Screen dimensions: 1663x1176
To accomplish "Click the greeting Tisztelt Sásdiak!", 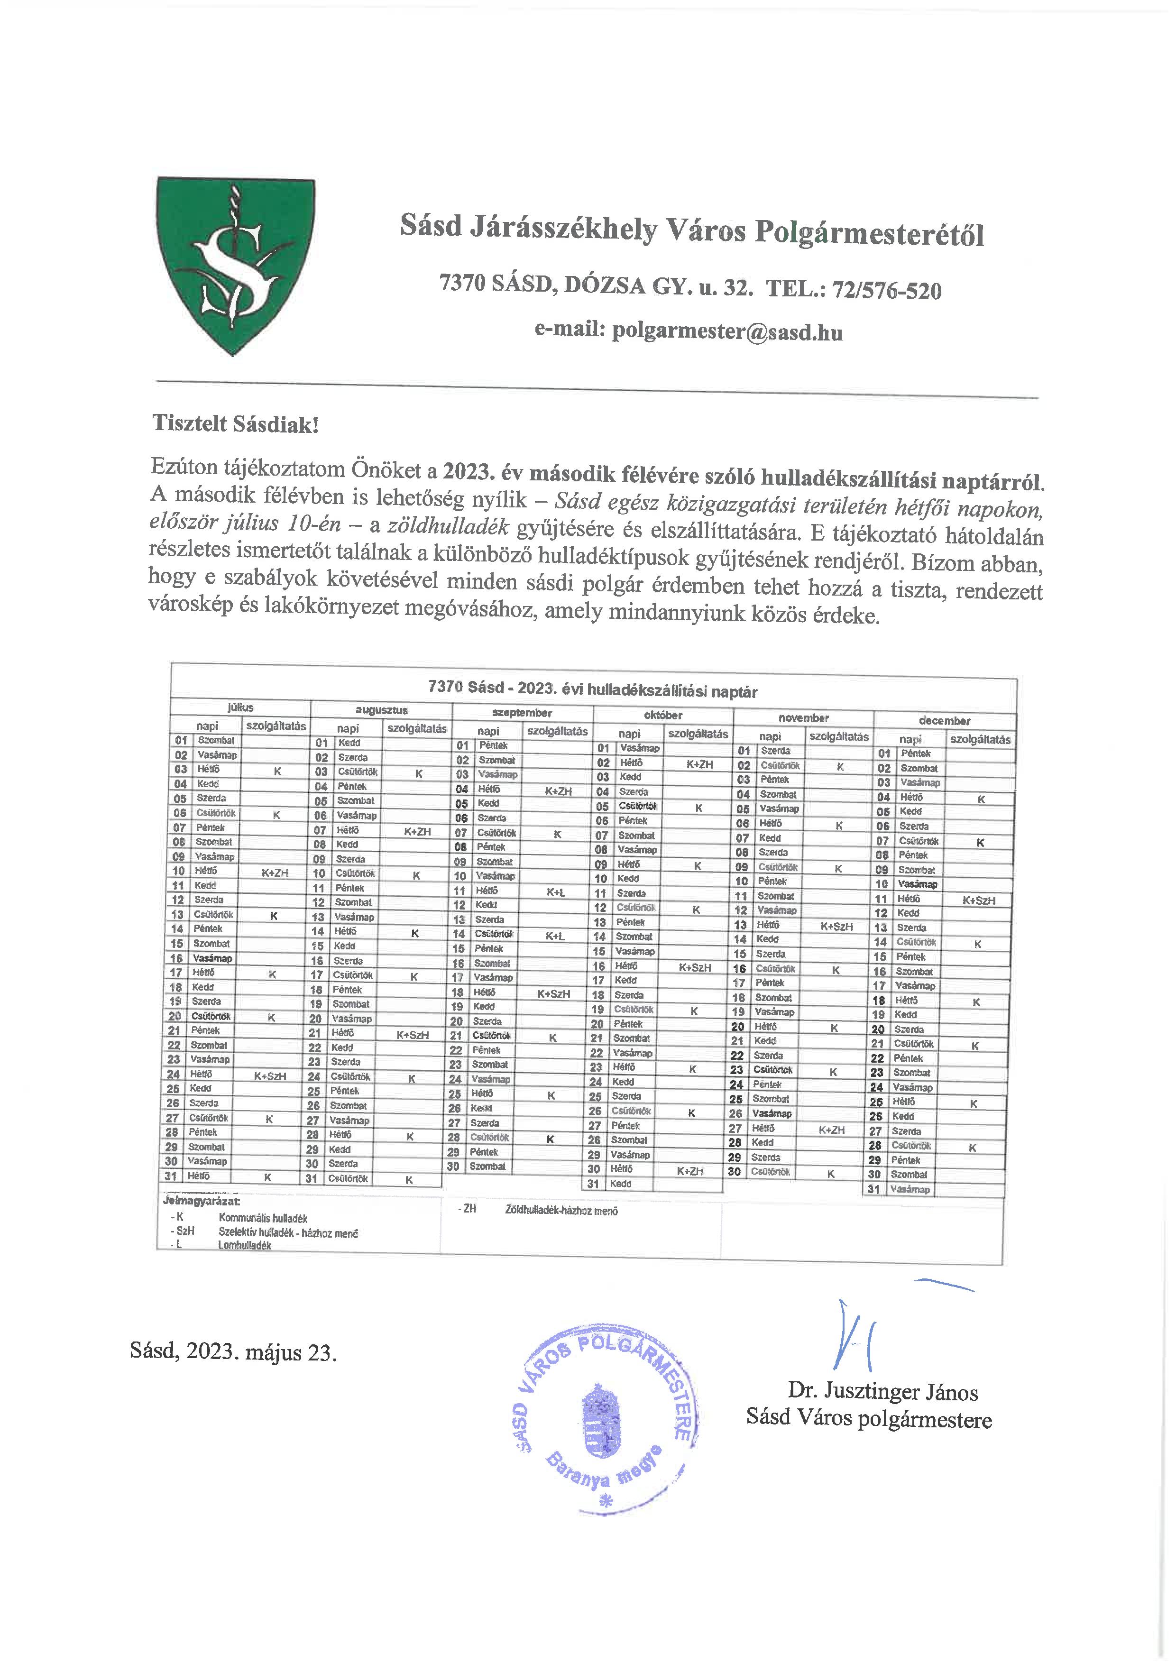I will tap(235, 424).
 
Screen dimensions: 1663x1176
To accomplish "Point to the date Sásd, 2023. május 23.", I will tap(233, 1351).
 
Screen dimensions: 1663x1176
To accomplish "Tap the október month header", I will tap(663, 716).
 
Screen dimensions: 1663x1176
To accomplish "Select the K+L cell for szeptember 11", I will tap(555, 893).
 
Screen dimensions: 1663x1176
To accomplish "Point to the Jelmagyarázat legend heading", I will tap(202, 1201).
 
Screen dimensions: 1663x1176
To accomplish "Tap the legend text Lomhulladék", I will tap(245, 1245).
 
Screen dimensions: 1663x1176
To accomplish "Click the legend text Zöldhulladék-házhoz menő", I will tap(561, 1210).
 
